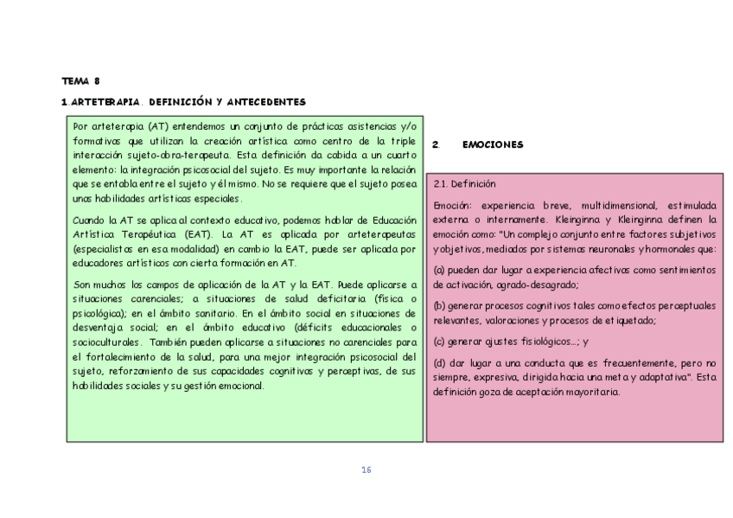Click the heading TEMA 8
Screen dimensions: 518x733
[x=80, y=80]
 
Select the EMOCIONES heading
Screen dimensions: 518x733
[x=493, y=145]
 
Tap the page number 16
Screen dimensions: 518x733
[x=366, y=470]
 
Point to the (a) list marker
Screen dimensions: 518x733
[x=439, y=270]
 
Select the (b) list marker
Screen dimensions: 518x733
[x=439, y=305]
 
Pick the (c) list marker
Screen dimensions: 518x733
[x=439, y=341]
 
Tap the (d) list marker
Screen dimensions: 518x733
[x=439, y=362]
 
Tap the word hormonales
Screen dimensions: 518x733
[x=669, y=248]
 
